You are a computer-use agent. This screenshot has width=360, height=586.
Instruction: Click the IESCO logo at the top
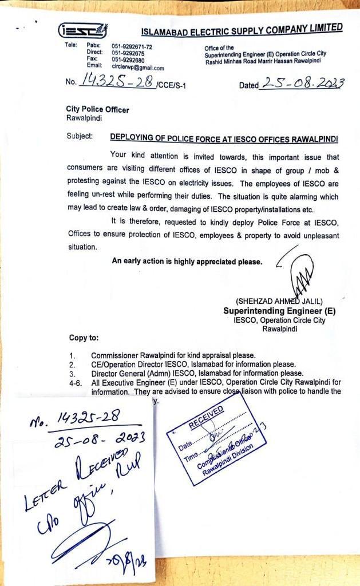click(x=82, y=31)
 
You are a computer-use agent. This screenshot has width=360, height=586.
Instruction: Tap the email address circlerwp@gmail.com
click(x=138, y=68)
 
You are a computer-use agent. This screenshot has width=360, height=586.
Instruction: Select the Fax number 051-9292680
click(x=128, y=60)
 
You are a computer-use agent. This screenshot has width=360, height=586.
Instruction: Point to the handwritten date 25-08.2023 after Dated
click(x=302, y=84)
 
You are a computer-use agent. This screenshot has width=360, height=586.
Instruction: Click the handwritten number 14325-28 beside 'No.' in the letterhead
click(x=117, y=82)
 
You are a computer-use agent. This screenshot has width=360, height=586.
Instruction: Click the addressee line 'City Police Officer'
click(x=97, y=110)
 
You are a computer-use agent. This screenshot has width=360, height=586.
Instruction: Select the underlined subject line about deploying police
click(x=224, y=138)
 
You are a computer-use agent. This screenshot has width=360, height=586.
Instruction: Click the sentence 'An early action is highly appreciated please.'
click(x=187, y=262)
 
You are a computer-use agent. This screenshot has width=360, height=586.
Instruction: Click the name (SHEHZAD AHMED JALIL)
click(x=279, y=302)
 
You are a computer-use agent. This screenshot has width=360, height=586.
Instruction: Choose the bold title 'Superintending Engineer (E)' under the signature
click(x=279, y=311)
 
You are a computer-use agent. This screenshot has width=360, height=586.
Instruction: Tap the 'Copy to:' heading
click(x=84, y=338)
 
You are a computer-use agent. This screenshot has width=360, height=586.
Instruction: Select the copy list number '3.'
click(x=73, y=373)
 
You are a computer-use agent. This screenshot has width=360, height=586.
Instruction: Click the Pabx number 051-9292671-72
click(x=132, y=46)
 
